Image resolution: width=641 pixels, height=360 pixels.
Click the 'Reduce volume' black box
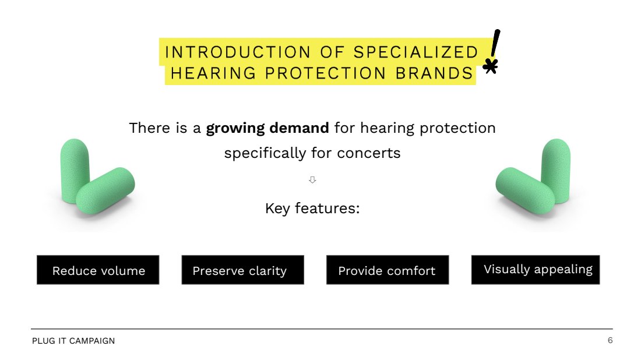click(98, 270)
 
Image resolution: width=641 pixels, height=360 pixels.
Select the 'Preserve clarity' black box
click(243, 270)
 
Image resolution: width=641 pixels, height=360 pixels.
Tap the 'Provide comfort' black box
click(388, 270)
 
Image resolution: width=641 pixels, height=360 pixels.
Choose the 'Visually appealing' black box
click(536, 270)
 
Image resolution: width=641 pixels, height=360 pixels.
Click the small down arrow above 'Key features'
click(312, 180)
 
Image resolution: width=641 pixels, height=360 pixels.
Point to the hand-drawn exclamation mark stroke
click(495, 43)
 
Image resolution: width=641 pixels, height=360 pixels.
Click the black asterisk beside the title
click(490, 66)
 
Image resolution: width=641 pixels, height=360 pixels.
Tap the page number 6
click(610, 340)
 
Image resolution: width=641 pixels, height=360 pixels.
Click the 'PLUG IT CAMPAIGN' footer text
click(73, 341)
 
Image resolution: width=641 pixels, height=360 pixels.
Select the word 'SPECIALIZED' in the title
click(415, 52)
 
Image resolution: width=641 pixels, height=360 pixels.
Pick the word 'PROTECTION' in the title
click(325, 73)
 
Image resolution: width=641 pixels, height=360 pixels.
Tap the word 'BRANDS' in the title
click(434, 73)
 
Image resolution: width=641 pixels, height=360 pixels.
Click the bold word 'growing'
click(235, 129)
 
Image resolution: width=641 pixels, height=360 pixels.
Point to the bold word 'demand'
click(300, 128)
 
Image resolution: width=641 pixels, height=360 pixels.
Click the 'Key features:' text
click(312, 209)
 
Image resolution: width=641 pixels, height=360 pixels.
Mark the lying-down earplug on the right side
click(525, 190)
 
